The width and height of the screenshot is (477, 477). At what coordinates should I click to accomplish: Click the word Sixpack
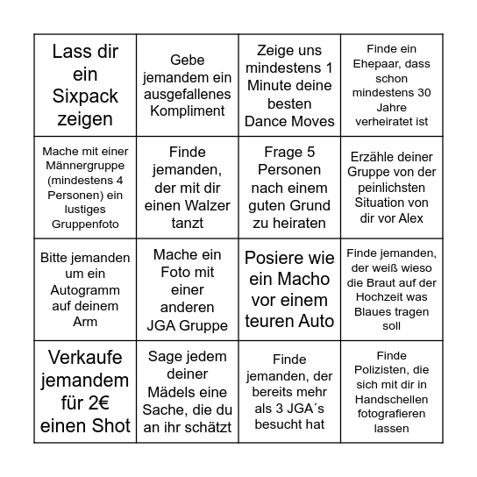86,96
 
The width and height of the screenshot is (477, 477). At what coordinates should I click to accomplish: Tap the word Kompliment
186,111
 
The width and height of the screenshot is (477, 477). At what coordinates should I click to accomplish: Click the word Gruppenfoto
85,224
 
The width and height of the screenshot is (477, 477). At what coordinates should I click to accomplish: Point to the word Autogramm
85,289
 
